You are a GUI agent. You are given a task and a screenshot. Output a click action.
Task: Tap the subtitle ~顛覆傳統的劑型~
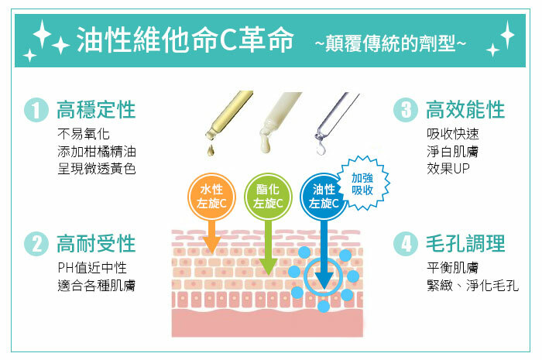390,43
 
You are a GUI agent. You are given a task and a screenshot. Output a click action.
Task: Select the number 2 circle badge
36,245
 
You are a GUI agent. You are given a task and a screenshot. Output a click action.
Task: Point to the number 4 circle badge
404,245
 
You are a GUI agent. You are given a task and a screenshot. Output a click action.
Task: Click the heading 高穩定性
96,110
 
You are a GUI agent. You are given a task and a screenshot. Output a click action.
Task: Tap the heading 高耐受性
96,244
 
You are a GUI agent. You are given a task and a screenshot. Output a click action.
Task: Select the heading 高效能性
465,110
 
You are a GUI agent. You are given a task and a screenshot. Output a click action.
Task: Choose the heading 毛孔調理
465,244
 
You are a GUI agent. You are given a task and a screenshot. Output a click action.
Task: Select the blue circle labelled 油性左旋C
324,196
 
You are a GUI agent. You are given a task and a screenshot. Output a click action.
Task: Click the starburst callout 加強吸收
362,183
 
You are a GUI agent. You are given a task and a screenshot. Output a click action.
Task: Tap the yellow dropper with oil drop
225,116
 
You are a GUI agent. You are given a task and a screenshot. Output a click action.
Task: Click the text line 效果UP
448,168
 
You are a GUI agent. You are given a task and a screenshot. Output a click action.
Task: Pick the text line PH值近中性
92,268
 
